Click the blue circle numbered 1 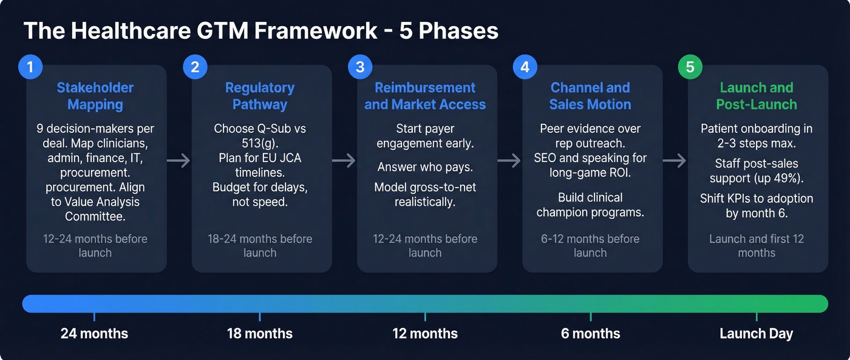click(x=29, y=67)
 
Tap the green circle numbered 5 click(x=690, y=67)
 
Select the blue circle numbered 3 click(x=359, y=67)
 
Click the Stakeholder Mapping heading click(x=95, y=96)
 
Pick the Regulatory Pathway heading click(x=260, y=96)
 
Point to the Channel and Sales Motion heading click(x=590, y=96)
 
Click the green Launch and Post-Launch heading click(x=756, y=96)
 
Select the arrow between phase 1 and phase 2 click(x=179, y=160)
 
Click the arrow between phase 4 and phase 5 click(x=674, y=160)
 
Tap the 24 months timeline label click(x=94, y=333)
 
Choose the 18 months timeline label click(x=260, y=333)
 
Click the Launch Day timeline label click(x=756, y=333)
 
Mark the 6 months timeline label click(x=590, y=333)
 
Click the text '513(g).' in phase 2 click(x=260, y=143)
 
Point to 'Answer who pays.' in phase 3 click(x=425, y=166)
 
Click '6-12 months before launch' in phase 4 click(x=590, y=245)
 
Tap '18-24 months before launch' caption click(x=260, y=245)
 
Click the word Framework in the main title click(x=316, y=30)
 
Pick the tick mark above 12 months click(x=425, y=316)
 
